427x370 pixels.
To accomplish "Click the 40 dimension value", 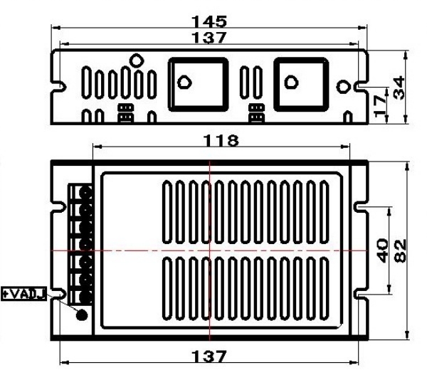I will click(381, 250).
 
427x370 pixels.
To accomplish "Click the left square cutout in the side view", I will click(199, 84).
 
